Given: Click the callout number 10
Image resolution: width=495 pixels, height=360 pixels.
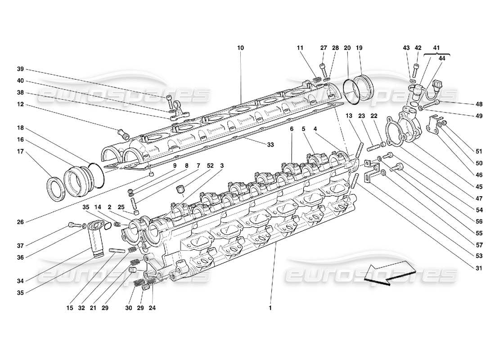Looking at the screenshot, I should click(240, 47).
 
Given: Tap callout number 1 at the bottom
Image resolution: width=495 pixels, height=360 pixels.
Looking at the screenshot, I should click(270, 308).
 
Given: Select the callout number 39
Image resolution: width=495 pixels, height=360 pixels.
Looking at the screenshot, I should click(20, 69).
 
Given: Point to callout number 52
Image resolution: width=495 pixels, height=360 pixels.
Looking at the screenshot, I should click(210, 166).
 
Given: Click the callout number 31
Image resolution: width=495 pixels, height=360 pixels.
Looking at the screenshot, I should click(478, 269).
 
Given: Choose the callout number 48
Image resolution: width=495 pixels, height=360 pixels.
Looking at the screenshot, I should click(478, 104).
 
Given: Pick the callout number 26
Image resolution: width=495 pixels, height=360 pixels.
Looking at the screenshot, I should click(20, 221).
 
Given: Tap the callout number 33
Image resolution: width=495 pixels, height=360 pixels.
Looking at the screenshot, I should click(270, 144).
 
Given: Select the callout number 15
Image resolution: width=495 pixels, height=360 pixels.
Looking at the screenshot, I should click(70, 308).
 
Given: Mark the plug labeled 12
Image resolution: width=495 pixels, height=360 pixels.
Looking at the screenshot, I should click(123, 134).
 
